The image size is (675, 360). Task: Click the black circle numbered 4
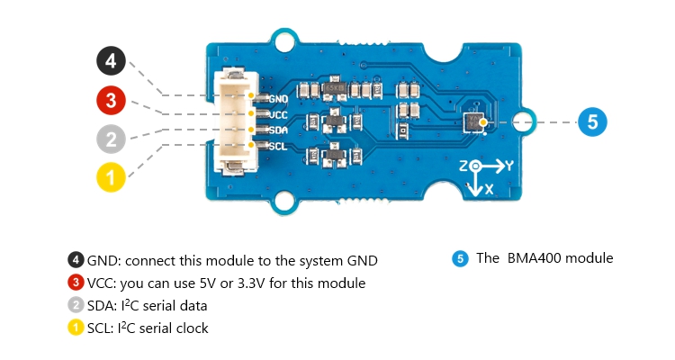point(111,62)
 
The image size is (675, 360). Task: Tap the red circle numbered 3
point(111,101)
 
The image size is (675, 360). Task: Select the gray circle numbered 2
point(111,139)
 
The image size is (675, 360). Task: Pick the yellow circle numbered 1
point(111,177)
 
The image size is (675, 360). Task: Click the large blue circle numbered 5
point(592,121)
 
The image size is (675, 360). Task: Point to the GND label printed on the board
point(278,98)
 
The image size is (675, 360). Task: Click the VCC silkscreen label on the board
point(278,114)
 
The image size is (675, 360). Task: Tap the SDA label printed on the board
point(278,130)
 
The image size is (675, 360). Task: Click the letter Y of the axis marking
point(508,166)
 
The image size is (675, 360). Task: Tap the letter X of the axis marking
point(490,191)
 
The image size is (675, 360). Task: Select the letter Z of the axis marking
point(463,167)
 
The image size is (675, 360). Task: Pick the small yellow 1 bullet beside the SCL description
point(76,328)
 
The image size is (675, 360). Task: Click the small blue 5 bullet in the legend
point(460,259)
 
